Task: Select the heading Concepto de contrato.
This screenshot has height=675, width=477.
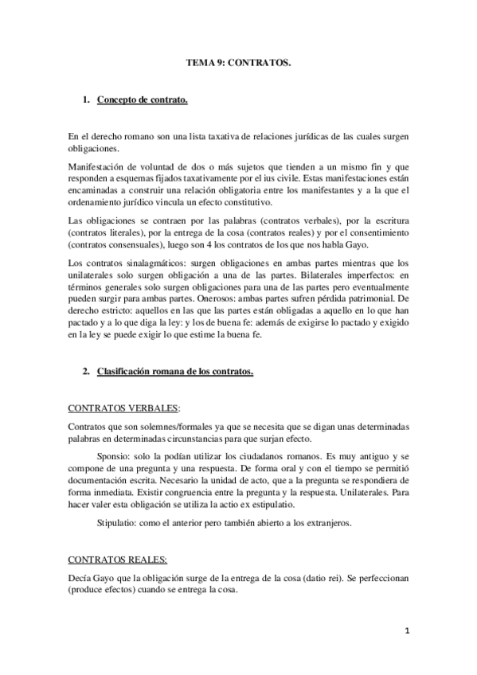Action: point(143,100)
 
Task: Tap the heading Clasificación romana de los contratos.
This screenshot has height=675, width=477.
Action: point(174,371)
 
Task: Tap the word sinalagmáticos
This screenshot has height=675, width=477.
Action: point(153,263)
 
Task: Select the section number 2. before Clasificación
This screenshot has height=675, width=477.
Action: point(86,371)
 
